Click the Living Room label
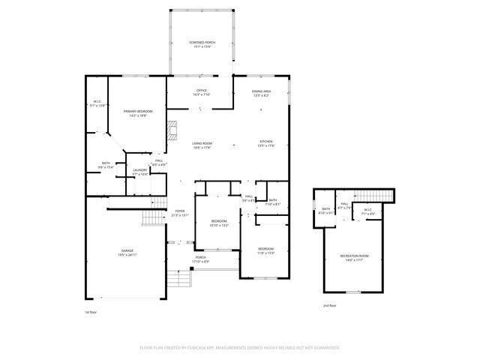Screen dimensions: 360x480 (202, 145)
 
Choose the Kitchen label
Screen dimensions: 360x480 (266, 143)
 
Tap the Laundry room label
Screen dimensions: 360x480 (139, 172)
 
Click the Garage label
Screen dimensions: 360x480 (127, 251)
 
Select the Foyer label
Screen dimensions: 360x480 (180, 213)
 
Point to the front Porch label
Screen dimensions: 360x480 (201, 259)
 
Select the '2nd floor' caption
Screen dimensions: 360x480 (329, 306)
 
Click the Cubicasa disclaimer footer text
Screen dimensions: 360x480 (240, 347)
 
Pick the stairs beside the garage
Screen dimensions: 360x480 (153, 218)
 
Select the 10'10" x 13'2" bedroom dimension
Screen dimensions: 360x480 (219, 225)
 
